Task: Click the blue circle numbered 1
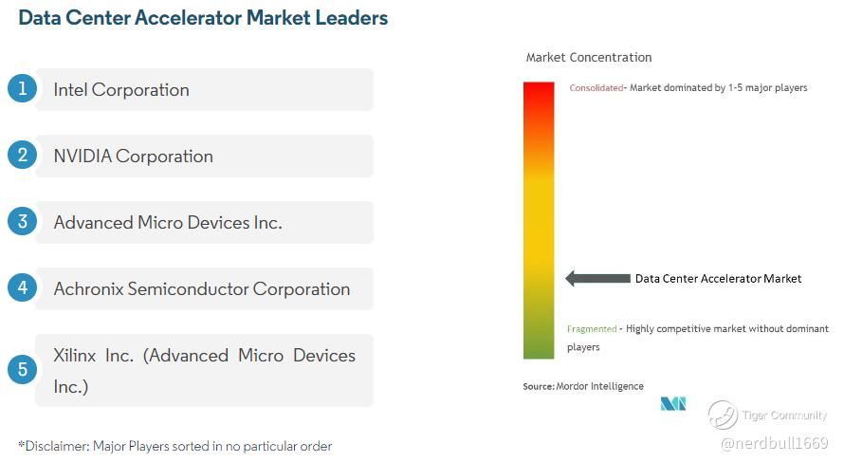coord(22,88)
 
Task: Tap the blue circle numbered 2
coord(22,155)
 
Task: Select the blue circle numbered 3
coord(22,221)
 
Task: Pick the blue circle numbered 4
coord(22,287)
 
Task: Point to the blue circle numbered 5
coord(22,369)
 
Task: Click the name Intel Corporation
coord(121,89)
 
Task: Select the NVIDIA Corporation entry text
coord(133,157)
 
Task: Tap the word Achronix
coord(89,289)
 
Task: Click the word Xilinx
coord(74,356)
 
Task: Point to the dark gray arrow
coord(597,278)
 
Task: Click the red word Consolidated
coord(596,88)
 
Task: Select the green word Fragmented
coord(592,329)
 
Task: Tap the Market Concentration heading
coord(589,58)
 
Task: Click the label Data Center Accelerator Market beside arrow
coord(718,278)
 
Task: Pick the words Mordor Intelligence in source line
coord(599,386)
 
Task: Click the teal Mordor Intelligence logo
coord(673,404)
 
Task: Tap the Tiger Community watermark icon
coord(723,416)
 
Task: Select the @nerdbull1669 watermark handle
coord(774,443)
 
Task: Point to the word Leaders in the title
coord(352,18)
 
